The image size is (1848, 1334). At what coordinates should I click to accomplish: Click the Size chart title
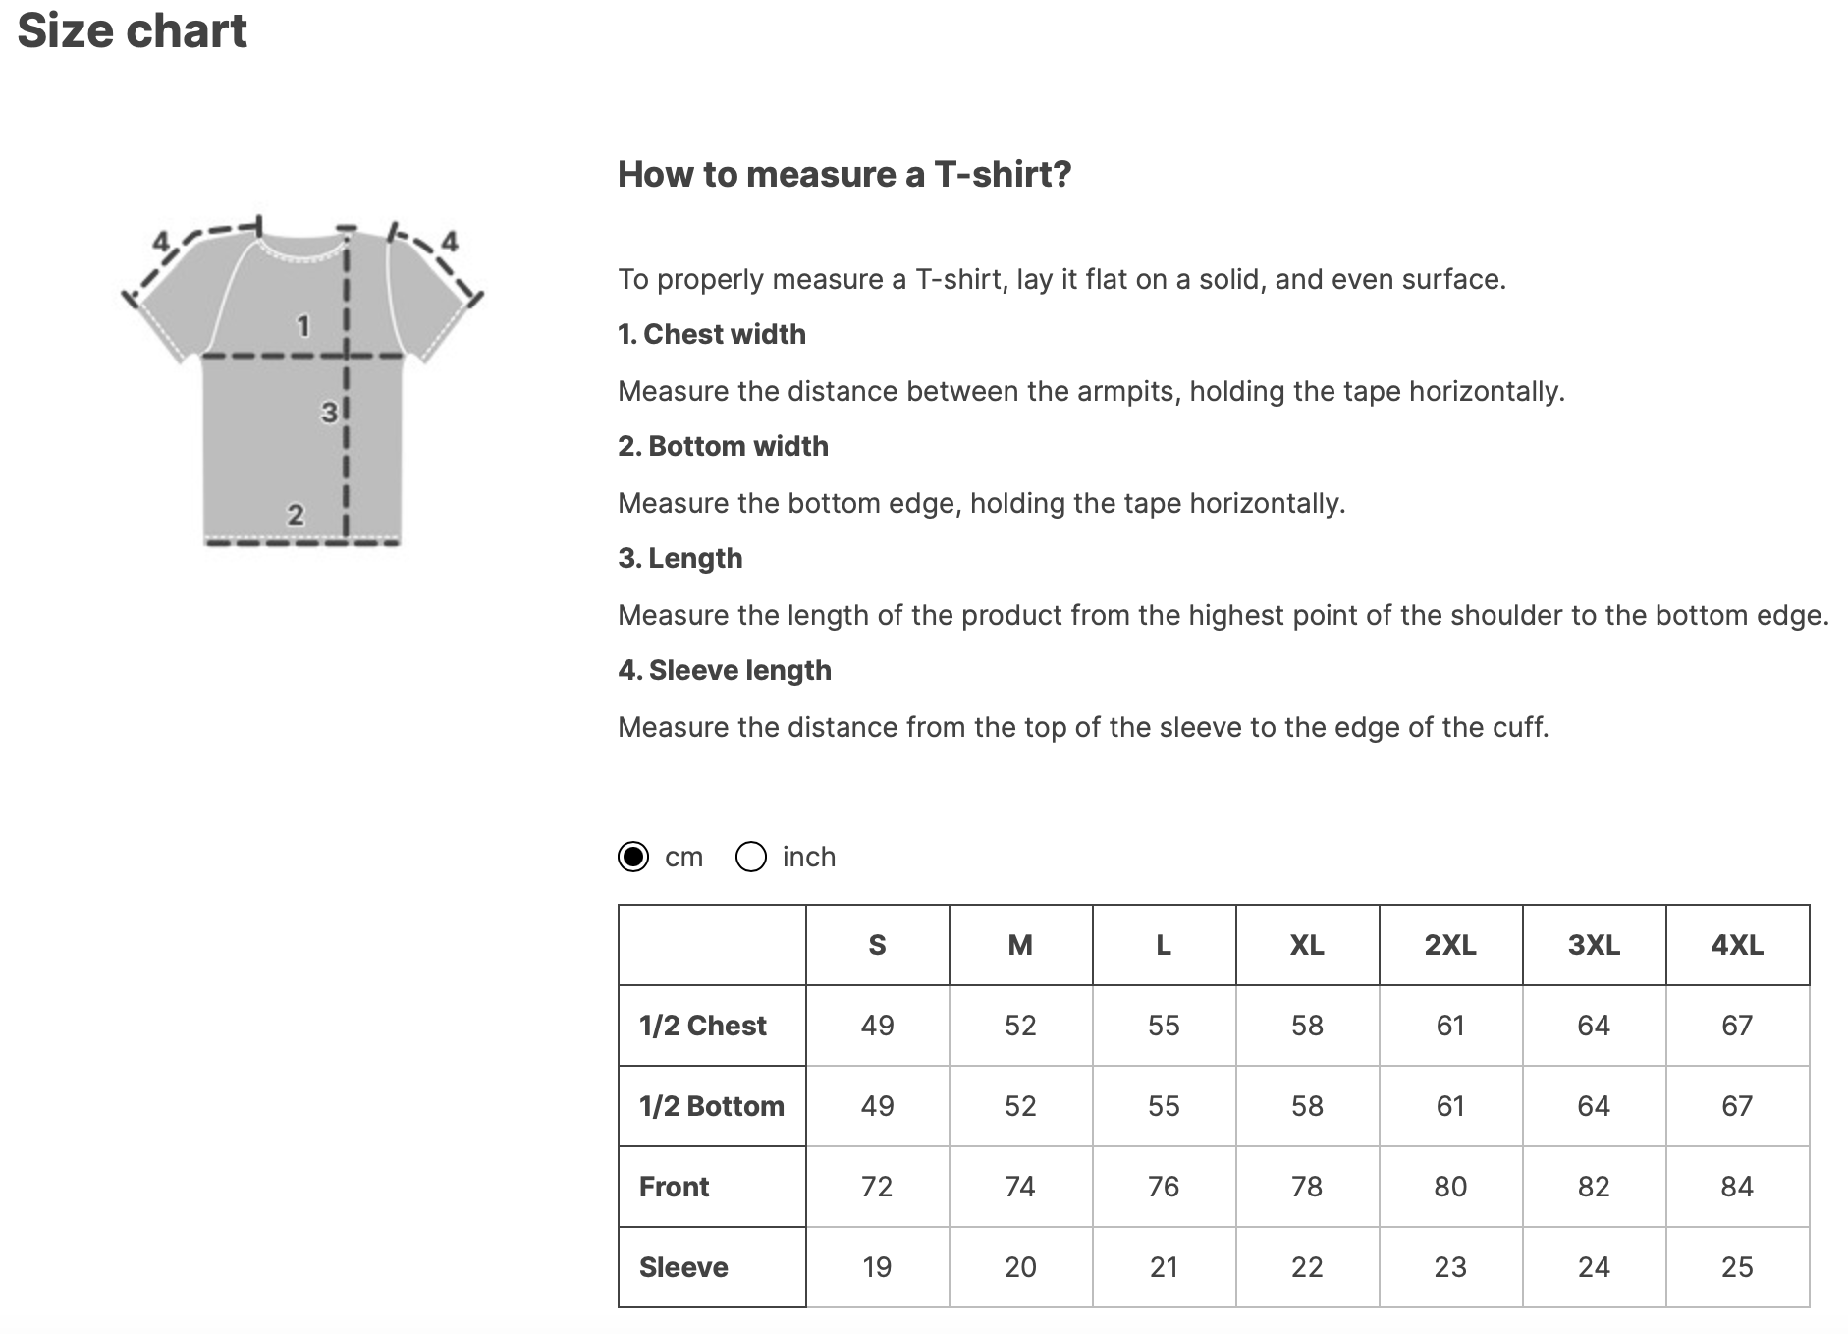point(132,31)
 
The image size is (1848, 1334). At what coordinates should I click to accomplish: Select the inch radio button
point(751,857)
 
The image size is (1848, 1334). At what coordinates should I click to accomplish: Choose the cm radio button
point(633,857)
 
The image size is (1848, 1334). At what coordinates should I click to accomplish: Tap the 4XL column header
point(1736,945)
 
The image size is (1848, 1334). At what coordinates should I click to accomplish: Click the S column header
point(877,945)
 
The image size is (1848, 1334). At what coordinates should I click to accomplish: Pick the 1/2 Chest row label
point(702,1026)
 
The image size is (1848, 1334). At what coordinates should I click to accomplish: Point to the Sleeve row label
point(683,1267)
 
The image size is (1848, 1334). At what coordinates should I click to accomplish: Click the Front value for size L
point(1164,1187)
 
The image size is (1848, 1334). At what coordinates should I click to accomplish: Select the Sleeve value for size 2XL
point(1450,1267)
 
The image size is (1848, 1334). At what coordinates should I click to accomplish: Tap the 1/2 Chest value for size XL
point(1307,1026)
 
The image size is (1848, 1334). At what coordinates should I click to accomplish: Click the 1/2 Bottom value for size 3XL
point(1594,1106)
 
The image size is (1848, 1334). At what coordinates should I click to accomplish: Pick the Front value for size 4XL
point(1736,1187)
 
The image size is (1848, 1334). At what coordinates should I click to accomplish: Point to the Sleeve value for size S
point(877,1267)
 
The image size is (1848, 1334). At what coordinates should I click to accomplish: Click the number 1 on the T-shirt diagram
point(303,325)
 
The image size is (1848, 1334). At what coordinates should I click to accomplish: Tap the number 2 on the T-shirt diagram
point(295,514)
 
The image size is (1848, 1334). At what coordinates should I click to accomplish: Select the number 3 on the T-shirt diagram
point(329,413)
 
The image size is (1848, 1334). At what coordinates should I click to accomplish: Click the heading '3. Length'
point(679,558)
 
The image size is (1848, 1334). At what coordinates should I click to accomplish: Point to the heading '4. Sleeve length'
point(725,670)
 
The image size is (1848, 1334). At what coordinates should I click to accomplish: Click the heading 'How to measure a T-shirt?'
point(844,174)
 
